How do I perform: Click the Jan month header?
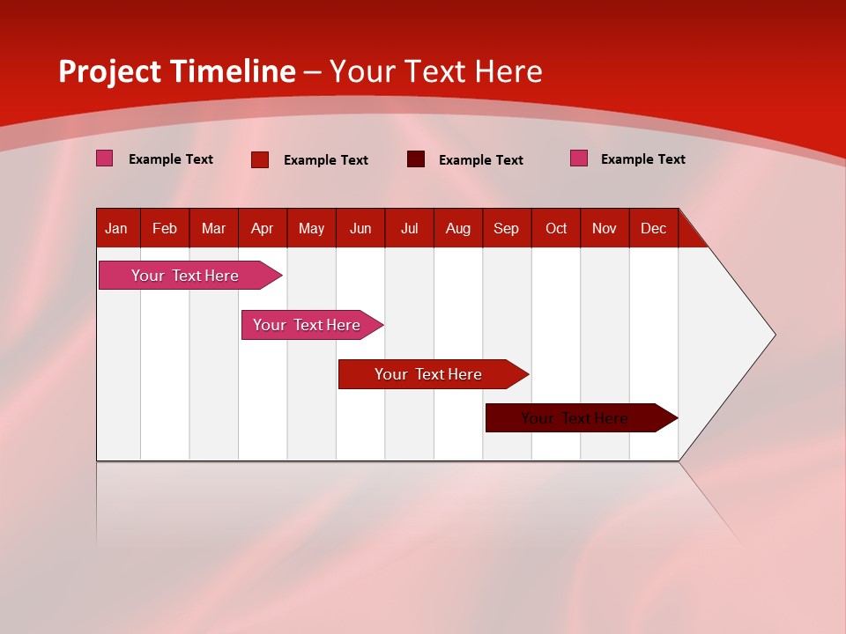pos(116,228)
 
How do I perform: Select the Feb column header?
pos(165,228)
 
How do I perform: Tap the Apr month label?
pos(262,228)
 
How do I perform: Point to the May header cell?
pos(311,228)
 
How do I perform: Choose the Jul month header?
pos(409,228)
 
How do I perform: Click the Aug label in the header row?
pos(457,228)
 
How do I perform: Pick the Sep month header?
pos(506,228)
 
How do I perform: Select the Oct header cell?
pos(556,228)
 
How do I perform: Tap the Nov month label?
pos(604,228)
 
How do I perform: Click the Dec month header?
pos(653,228)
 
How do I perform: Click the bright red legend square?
pos(260,159)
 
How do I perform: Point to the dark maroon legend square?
pos(416,159)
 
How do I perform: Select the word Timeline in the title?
pos(233,71)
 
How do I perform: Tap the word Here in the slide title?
pos(506,71)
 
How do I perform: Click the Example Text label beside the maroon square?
pos(480,160)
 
